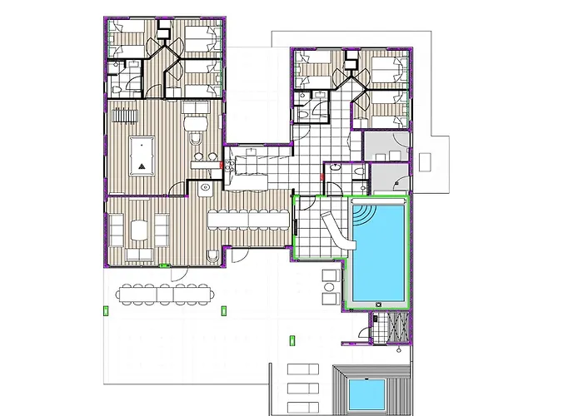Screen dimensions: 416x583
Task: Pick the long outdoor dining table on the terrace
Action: [x=165, y=293]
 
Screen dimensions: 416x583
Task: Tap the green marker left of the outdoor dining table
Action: [x=106, y=310]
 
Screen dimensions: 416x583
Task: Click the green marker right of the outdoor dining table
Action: [x=222, y=310]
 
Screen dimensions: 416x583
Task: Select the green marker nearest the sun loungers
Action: [x=291, y=339]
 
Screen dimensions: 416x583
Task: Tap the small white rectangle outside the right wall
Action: [x=426, y=160]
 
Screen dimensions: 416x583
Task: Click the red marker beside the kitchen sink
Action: [x=221, y=165]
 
